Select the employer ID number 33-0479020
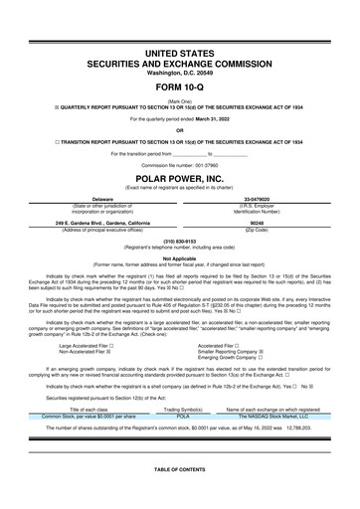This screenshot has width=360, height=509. pos(266,199)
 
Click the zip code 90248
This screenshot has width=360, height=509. pos(266,223)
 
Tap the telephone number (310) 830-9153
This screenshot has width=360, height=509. pos(179,241)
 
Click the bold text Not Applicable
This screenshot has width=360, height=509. pos(179,257)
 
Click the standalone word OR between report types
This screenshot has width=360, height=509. pos(179,130)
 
